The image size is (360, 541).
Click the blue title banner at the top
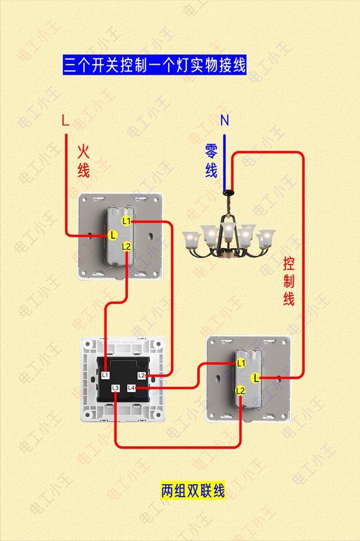[x=155, y=65]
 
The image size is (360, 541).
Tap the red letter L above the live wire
[x=65, y=120]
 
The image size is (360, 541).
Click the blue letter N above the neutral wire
[x=224, y=120]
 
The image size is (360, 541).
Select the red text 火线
[x=83, y=161]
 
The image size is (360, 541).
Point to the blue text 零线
[x=211, y=161]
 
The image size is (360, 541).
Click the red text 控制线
[x=289, y=281]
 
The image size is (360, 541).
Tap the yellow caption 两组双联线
[x=193, y=491]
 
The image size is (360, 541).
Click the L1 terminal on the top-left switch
[x=127, y=221]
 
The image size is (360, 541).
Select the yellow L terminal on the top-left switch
[x=112, y=235]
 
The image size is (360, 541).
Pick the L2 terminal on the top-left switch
[x=127, y=247]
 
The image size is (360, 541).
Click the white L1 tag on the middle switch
[x=105, y=375]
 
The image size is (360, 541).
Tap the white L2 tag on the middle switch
[x=141, y=375]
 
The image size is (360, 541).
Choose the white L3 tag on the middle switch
[x=115, y=388]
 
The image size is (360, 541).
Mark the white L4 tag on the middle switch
[x=131, y=388]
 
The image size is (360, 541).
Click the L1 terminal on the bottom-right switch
[x=241, y=363]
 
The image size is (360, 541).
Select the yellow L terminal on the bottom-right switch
[x=255, y=378]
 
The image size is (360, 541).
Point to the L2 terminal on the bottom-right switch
[x=240, y=391]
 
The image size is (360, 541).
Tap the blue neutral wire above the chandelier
[x=224, y=163]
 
